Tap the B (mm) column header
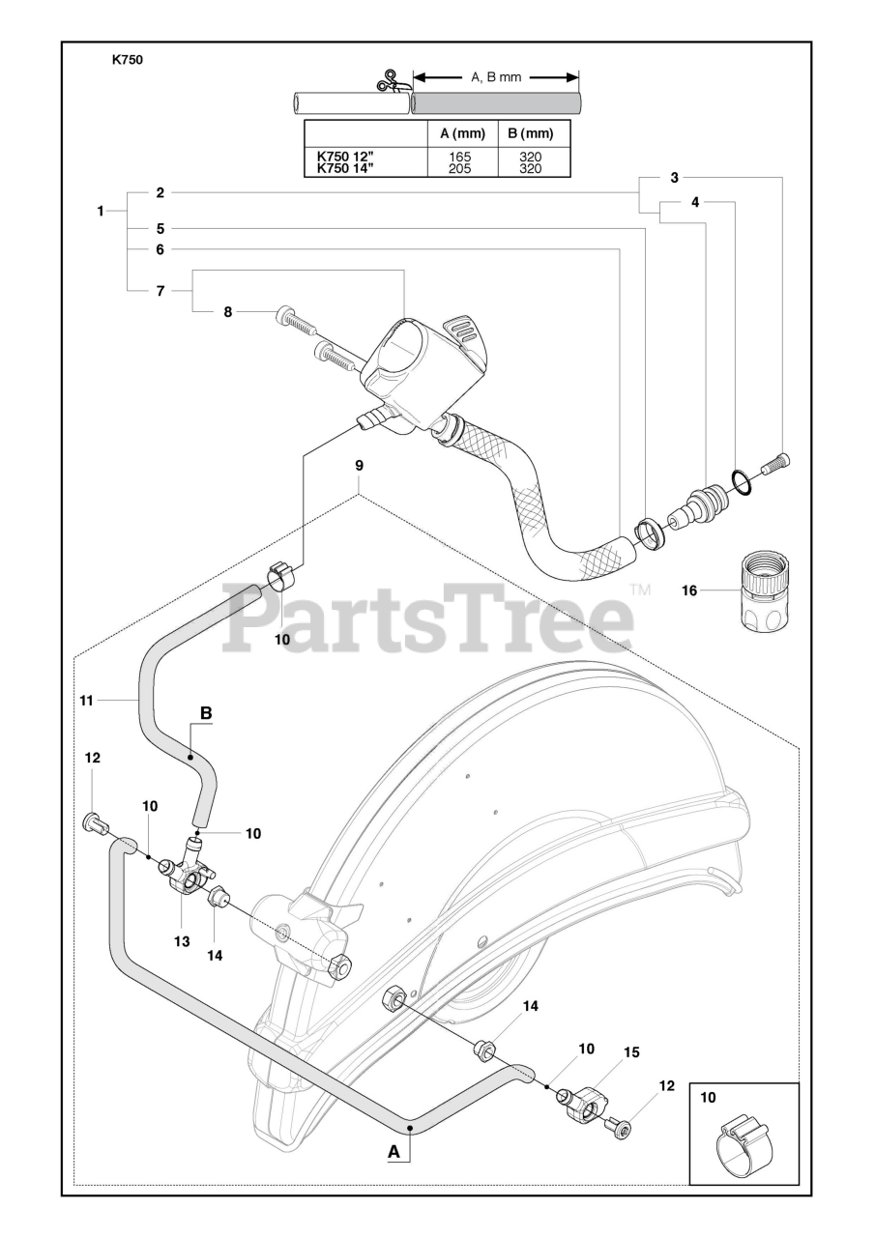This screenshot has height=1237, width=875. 531,133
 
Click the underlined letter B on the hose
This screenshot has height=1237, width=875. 205,713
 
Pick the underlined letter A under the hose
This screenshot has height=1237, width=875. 393,1151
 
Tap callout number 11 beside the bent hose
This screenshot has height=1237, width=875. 86,700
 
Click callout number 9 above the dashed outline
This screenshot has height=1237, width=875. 359,466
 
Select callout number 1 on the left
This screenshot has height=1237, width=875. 101,211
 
